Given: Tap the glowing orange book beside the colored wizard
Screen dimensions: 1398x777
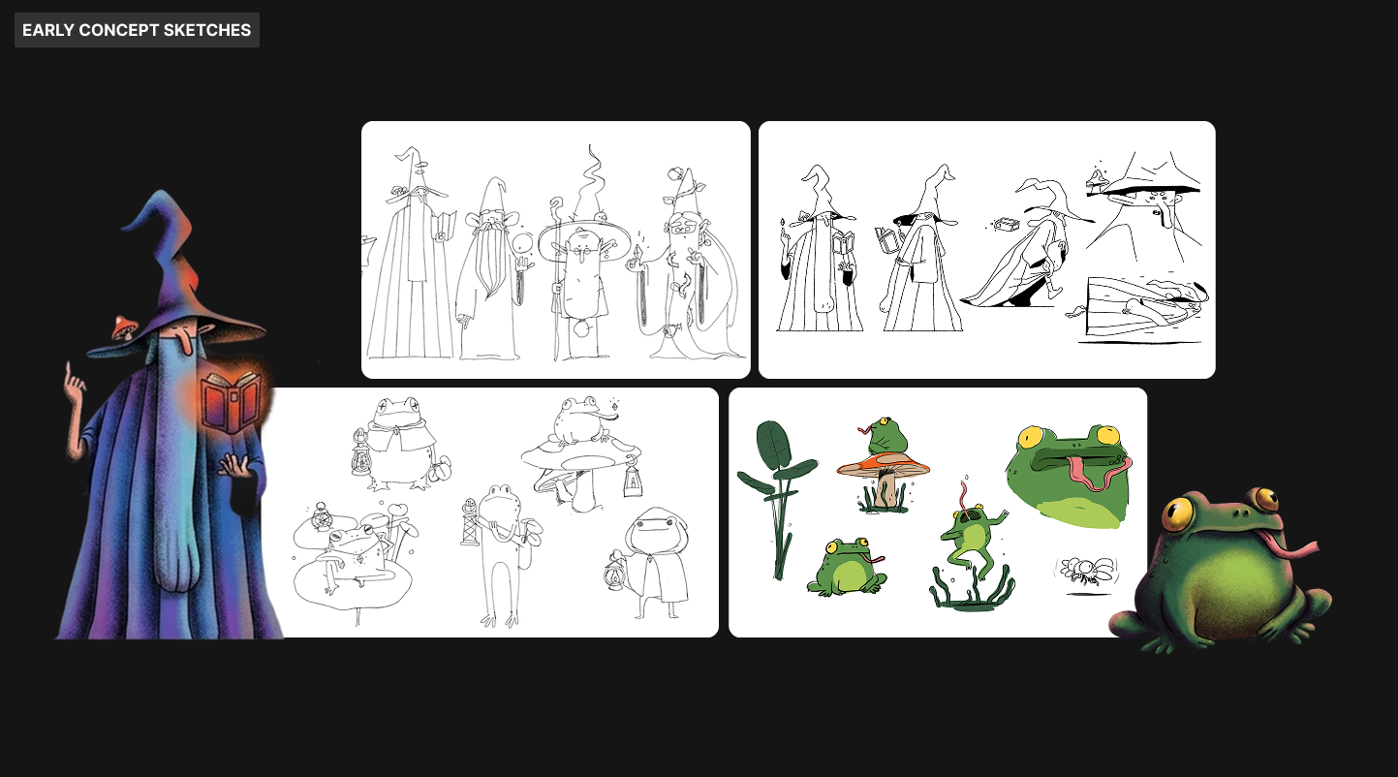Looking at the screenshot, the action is point(231,401).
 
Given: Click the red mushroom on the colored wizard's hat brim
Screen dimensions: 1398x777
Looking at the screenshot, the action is point(125,326).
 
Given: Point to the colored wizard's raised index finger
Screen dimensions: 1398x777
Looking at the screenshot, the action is point(69,373).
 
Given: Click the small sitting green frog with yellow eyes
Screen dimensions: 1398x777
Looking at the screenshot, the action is point(846,567).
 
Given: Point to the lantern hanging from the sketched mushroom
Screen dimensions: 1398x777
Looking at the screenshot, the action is point(633,478).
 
